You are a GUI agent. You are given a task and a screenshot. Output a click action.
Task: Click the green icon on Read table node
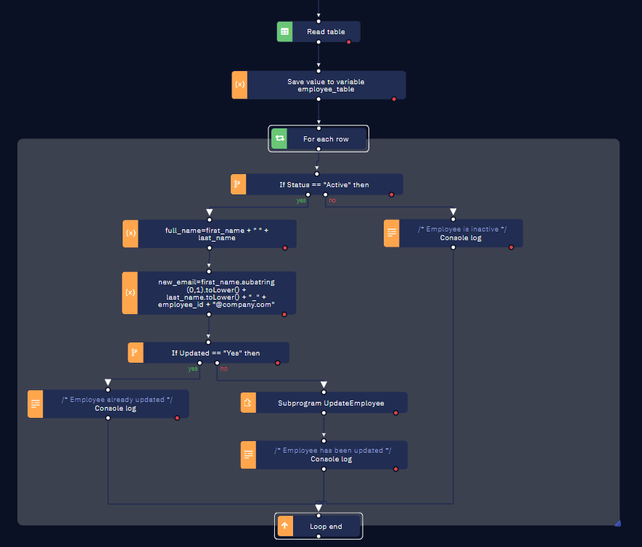point(285,32)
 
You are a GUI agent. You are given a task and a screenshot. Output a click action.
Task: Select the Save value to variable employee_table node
point(326,86)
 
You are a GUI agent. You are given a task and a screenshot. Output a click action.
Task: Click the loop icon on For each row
point(280,139)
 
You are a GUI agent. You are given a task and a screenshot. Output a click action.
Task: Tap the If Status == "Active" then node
point(324,185)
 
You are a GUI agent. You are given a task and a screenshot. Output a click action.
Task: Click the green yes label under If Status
point(300,200)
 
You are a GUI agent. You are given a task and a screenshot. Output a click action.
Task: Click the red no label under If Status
point(332,200)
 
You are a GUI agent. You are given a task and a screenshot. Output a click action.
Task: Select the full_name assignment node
point(217,234)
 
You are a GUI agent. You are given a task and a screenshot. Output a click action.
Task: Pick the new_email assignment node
point(217,293)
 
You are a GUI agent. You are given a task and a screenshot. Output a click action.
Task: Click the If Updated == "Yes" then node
point(215,353)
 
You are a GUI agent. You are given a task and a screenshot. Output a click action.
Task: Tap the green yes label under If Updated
point(193,369)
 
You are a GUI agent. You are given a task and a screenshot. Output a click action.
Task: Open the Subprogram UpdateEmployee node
point(331,403)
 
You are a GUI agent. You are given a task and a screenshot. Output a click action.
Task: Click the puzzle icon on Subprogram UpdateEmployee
point(249,403)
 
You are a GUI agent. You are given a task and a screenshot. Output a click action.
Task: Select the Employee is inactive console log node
point(461,234)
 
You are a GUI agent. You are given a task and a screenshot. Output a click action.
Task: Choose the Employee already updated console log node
point(116,403)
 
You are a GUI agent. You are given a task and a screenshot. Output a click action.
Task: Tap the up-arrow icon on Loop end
point(284,526)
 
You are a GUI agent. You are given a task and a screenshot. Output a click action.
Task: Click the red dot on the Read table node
point(349,42)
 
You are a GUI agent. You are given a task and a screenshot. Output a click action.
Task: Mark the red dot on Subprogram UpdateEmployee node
point(395,413)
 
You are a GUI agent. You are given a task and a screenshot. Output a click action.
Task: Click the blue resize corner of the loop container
point(617,522)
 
